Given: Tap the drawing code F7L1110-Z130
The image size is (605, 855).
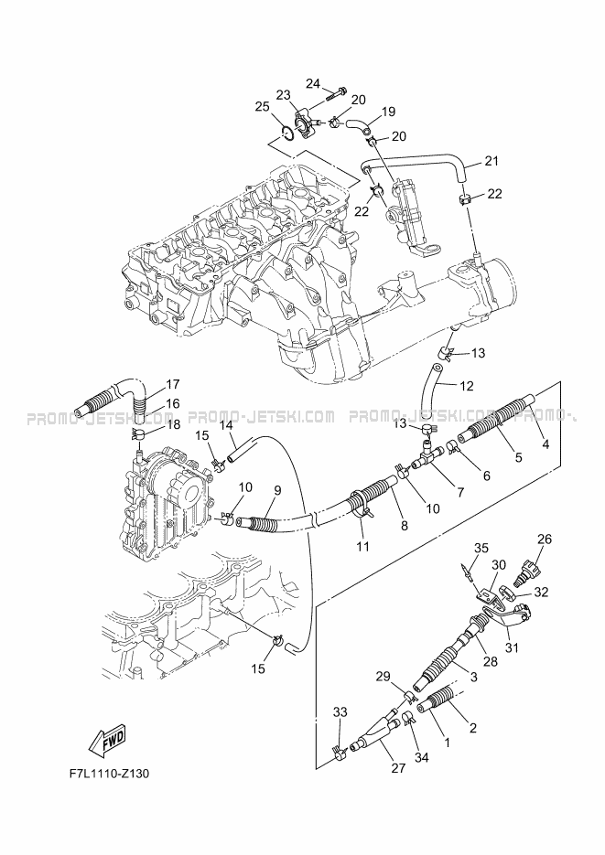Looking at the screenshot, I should (x=108, y=774).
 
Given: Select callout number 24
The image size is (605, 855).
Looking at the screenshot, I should (x=312, y=85).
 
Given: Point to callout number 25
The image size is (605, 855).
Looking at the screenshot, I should (x=262, y=107).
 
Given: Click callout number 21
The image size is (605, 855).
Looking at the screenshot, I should (x=492, y=162).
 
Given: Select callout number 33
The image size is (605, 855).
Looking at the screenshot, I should (x=340, y=711).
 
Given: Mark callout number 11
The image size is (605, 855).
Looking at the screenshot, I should (x=362, y=547).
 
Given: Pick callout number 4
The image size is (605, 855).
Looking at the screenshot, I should (x=546, y=444).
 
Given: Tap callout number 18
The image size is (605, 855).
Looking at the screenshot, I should (x=173, y=425).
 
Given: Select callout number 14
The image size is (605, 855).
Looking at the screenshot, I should (x=225, y=425).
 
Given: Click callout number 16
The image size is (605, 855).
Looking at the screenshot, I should (x=172, y=403).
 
